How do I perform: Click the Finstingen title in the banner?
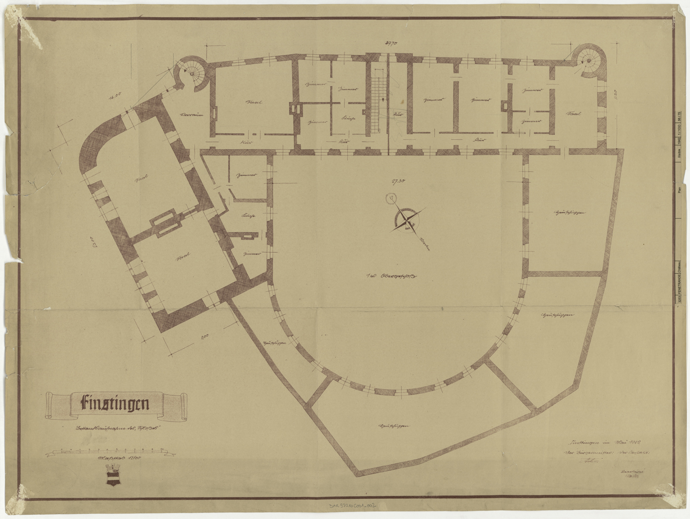[x=115, y=404]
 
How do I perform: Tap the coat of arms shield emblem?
[x=113, y=474]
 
